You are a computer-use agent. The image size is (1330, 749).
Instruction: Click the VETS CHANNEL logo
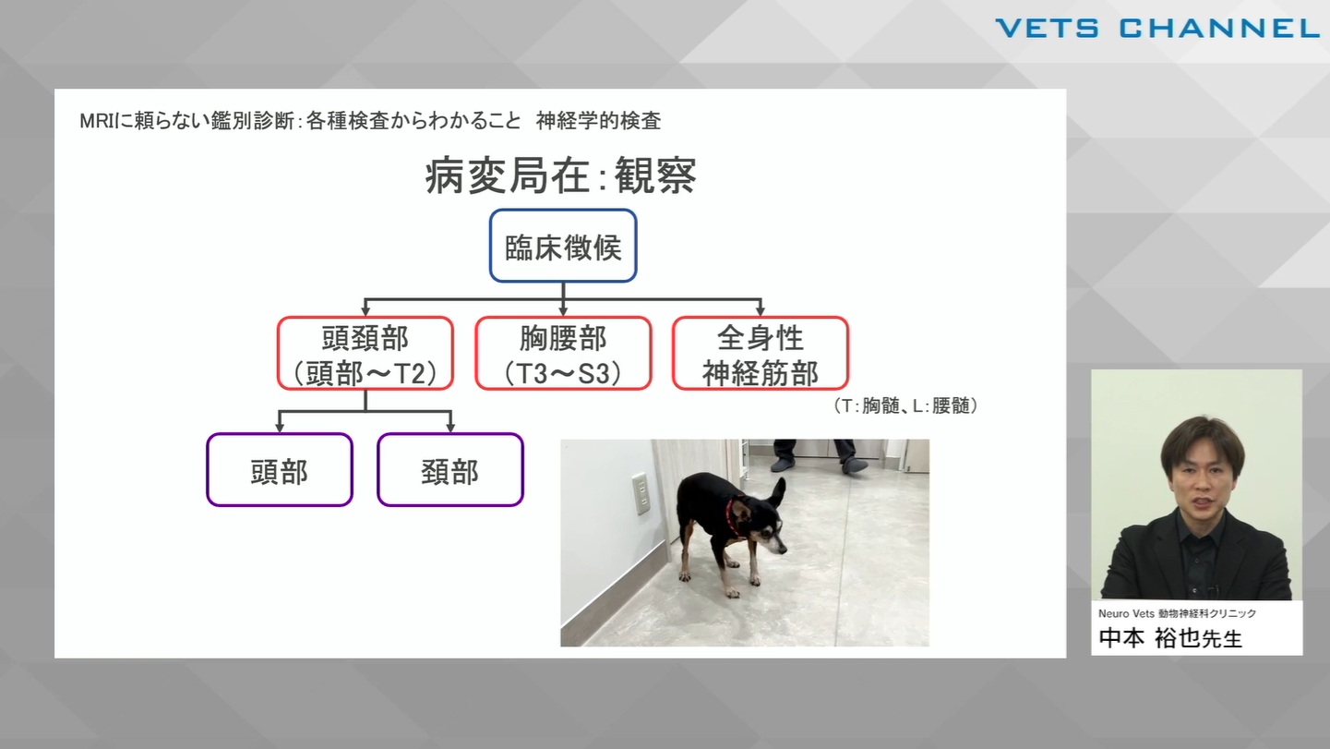click(x=1157, y=29)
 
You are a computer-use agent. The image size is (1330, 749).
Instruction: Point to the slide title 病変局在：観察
click(x=560, y=175)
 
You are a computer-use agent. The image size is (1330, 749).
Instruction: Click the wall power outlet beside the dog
click(x=640, y=492)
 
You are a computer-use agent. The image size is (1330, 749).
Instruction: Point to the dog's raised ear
click(x=775, y=494)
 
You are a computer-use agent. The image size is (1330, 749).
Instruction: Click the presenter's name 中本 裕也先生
click(x=1170, y=638)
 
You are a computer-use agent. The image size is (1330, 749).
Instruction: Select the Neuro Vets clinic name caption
click(x=1177, y=613)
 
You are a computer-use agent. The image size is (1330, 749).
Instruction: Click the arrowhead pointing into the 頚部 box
click(x=450, y=428)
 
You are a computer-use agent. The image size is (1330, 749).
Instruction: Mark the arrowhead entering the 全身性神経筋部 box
click(x=761, y=310)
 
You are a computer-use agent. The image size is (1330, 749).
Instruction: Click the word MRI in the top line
click(x=98, y=121)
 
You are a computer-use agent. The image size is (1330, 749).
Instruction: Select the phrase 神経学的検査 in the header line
click(x=598, y=121)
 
